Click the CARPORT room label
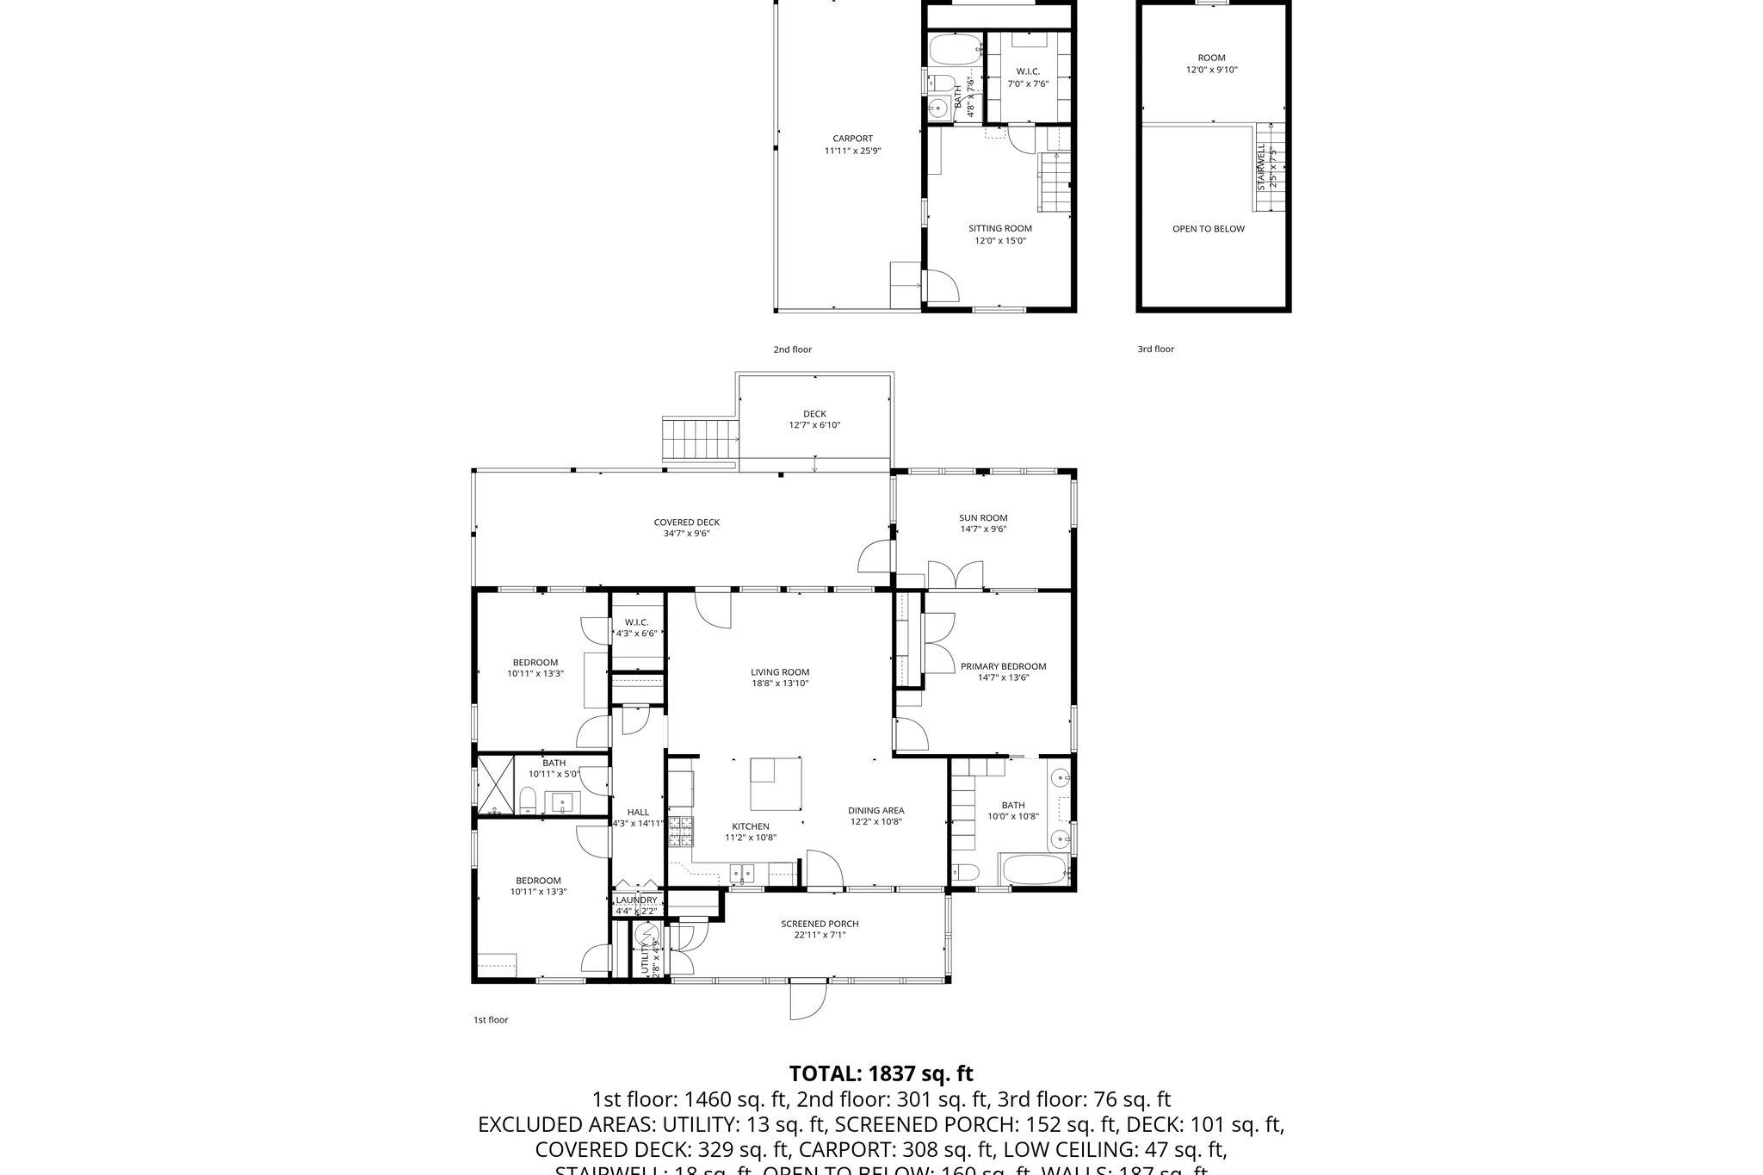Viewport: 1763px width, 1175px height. pos(852,139)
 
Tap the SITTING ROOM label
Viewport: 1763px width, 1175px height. pos(999,229)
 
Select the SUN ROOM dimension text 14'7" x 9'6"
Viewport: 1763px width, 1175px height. pos(983,529)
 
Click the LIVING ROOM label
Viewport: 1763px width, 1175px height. pos(780,672)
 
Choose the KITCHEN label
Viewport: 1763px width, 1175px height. pos(751,826)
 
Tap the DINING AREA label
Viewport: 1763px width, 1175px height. pos(875,810)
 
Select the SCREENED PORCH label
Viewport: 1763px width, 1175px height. pos(820,924)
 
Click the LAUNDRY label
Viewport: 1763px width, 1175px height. pos(636,900)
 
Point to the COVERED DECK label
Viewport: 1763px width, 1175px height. pos(686,523)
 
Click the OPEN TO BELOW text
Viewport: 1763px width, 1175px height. pos(1208,229)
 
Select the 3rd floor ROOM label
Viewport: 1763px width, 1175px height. pos(1211,59)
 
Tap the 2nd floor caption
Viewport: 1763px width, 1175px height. pos(792,349)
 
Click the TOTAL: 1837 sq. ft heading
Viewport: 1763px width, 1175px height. pos(881,1073)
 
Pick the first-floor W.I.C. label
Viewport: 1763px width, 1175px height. pos(636,622)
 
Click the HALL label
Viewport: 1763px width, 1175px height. pos(638,812)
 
